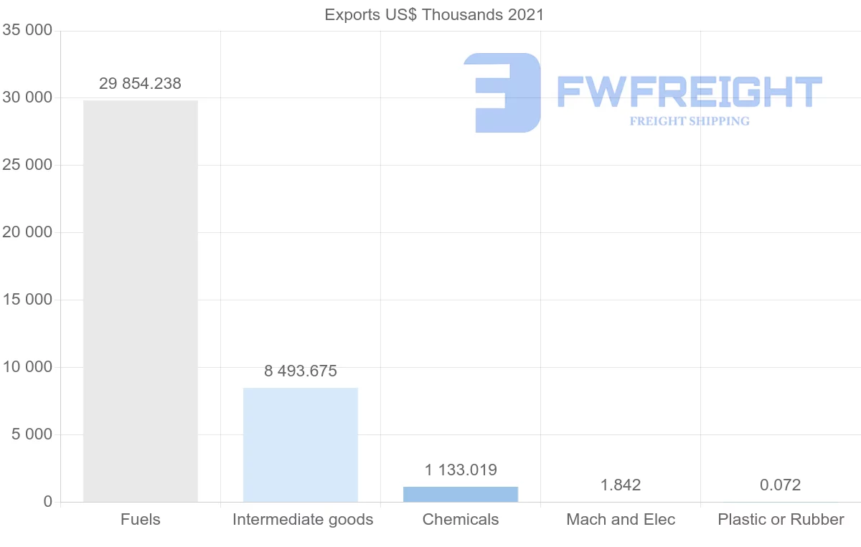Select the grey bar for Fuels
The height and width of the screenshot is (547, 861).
click(x=141, y=301)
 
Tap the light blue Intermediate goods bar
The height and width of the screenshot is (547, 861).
click(x=301, y=444)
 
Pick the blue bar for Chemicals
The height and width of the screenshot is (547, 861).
click(x=461, y=494)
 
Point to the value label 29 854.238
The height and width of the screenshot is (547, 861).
click(x=140, y=83)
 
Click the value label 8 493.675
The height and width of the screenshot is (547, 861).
click(x=301, y=371)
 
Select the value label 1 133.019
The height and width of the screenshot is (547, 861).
click(x=461, y=470)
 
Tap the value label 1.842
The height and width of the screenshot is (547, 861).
click(x=621, y=485)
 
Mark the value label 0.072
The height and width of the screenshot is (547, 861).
click(x=781, y=485)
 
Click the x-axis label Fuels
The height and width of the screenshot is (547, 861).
click(x=141, y=520)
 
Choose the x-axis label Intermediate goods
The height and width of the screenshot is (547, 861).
click(x=303, y=520)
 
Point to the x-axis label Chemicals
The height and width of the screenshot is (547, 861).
click(x=461, y=520)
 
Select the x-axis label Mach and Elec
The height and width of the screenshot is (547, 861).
click(x=621, y=520)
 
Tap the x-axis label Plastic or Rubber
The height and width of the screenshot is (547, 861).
click(x=781, y=520)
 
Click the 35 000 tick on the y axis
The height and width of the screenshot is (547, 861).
click(x=27, y=30)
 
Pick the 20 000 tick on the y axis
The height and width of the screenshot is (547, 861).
click(x=27, y=232)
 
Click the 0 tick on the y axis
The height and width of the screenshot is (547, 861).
click(x=48, y=502)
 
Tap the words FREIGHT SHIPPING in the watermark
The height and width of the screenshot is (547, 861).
click(x=690, y=121)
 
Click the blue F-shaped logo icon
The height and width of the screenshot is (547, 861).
click(x=502, y=92)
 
